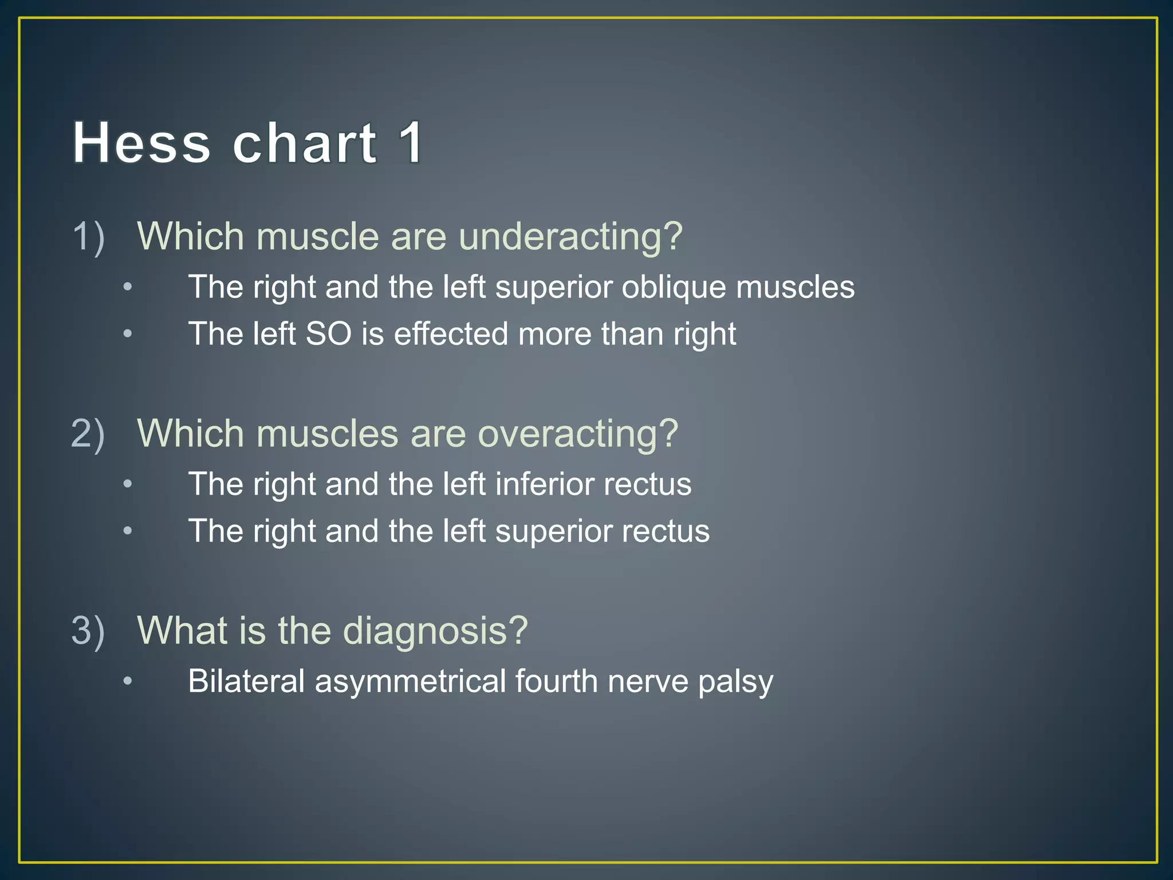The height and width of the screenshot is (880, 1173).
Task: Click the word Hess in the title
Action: pyautogui.click(x=141, y=143)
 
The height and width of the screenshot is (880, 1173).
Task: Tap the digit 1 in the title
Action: pyautogui.click(x=411, y=143)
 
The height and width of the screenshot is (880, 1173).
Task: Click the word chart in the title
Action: pyautogui.click(x=305, y=143)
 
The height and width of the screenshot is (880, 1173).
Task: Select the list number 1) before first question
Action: pyautogui.click(x=88, y=237)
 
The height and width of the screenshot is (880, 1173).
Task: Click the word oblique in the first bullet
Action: pyautogui.click(x=674, y=287)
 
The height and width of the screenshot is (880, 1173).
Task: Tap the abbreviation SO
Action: pyautogui.click(x=328, y=334)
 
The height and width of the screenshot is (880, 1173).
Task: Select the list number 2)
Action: pyautogui.click(x=88, y=434)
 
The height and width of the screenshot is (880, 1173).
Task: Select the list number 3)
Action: pyautogui.click(x=88, y=631)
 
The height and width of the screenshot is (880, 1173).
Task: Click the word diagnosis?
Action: pyautogui.click(x=435, y=631)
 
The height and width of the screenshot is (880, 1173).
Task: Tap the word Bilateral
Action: pyautogui.click(x=246, y=681)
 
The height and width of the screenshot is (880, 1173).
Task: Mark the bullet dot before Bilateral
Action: pyautogui.click(x=128, y=681)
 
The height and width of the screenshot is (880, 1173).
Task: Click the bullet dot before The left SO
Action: pyautogui.click(x=128, y=334)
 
